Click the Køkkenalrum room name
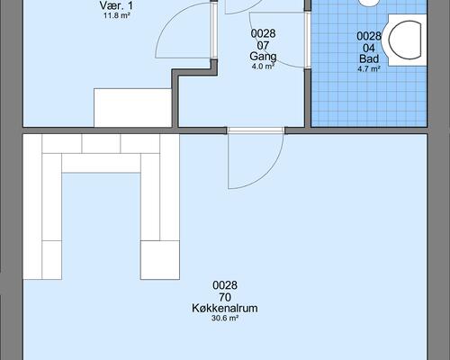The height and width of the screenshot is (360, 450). pyautogui.click(x=225, y=309)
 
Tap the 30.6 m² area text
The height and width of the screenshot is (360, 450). pyautogui.click(x=225, y=319)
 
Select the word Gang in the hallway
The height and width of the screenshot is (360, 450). pyautogui.click(x=263, y=57)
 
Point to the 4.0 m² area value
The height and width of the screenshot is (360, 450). pyautogui.click(x=263, y=67)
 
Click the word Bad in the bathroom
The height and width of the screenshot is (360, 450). pyautogui.click(x=369, y=58)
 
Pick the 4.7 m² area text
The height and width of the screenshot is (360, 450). pyautogui.click(x=369, y=69)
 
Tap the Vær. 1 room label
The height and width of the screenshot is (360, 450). pyautogui.click(x=116, y=5)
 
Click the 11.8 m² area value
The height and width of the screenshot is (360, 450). pyautogui.click(x=117, y=15)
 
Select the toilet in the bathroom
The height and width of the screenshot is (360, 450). pyautogui.click(x=405, y=40)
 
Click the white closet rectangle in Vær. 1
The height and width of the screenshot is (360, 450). pyautogui.click(x=133, y=107)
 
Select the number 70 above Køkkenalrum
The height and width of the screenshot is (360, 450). pyautogui.click(x=225, y=297)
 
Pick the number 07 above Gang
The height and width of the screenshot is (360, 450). pyautogui.click(x=263, y=46)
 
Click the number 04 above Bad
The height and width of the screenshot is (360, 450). pyautogui.click(x=369, y=48)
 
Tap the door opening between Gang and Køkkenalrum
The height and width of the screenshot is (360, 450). pyautogui.click(x=256, y=130)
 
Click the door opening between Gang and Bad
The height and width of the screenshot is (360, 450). pyautogui.click(x=307, y=40)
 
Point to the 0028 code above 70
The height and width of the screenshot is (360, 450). pyautogui.click(x=225, y=285)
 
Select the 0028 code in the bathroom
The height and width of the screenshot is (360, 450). pyautogui.click(x=369, y=36)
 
